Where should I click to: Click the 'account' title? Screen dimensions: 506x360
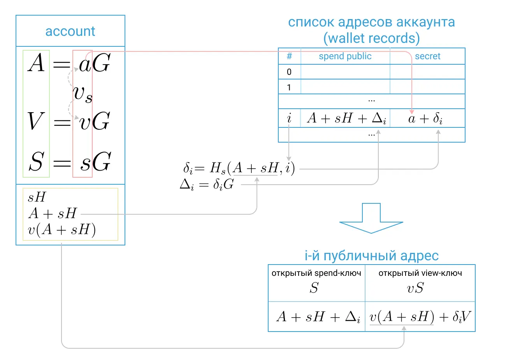pyautogui.click(x=70, y=31)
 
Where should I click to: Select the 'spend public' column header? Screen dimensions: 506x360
pyautogui.click(x=345, y=56)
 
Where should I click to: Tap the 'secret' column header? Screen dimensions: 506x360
pyautogui.click(x=428, y=56)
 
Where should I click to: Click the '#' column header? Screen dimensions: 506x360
pyautogui.click(x=289, y=56)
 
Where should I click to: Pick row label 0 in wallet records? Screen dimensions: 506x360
pyautogui.click(x=289, y=72)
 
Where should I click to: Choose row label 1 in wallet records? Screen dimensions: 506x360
pyautogui.click(x=289, y=88)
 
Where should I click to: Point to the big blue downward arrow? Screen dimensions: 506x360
pyautogui.click(x=371, y=218)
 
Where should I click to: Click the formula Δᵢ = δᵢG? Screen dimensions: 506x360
pyautogui.click(x=207, y=185)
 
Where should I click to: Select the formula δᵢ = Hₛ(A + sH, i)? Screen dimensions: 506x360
pyautogui.click(x=239, y=168)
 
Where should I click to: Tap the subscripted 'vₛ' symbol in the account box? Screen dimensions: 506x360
pyautogui.click(x=83, y=95)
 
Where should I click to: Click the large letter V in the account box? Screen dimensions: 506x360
pyautogui.click(x=36, y=121)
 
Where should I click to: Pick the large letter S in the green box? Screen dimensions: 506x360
pyautogui.click(x=36, y=161)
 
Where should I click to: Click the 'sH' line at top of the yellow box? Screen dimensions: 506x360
pyautogui.click(x=37, y=197)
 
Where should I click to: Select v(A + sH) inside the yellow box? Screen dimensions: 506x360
pyautogui.click(x=61, y=230)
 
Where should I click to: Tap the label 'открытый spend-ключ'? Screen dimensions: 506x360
pyautogui.click(x=316, y=273)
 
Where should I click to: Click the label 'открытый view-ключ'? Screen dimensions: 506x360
pyautogui.click(x=420, y=273)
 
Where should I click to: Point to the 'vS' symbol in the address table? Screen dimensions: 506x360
pyautogui.click(x=415, y=288)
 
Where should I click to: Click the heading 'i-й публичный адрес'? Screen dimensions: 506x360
pyautogui.click(x=372, y=256)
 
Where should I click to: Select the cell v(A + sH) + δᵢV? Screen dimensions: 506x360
pyautogui.click(x=420, y=317)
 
